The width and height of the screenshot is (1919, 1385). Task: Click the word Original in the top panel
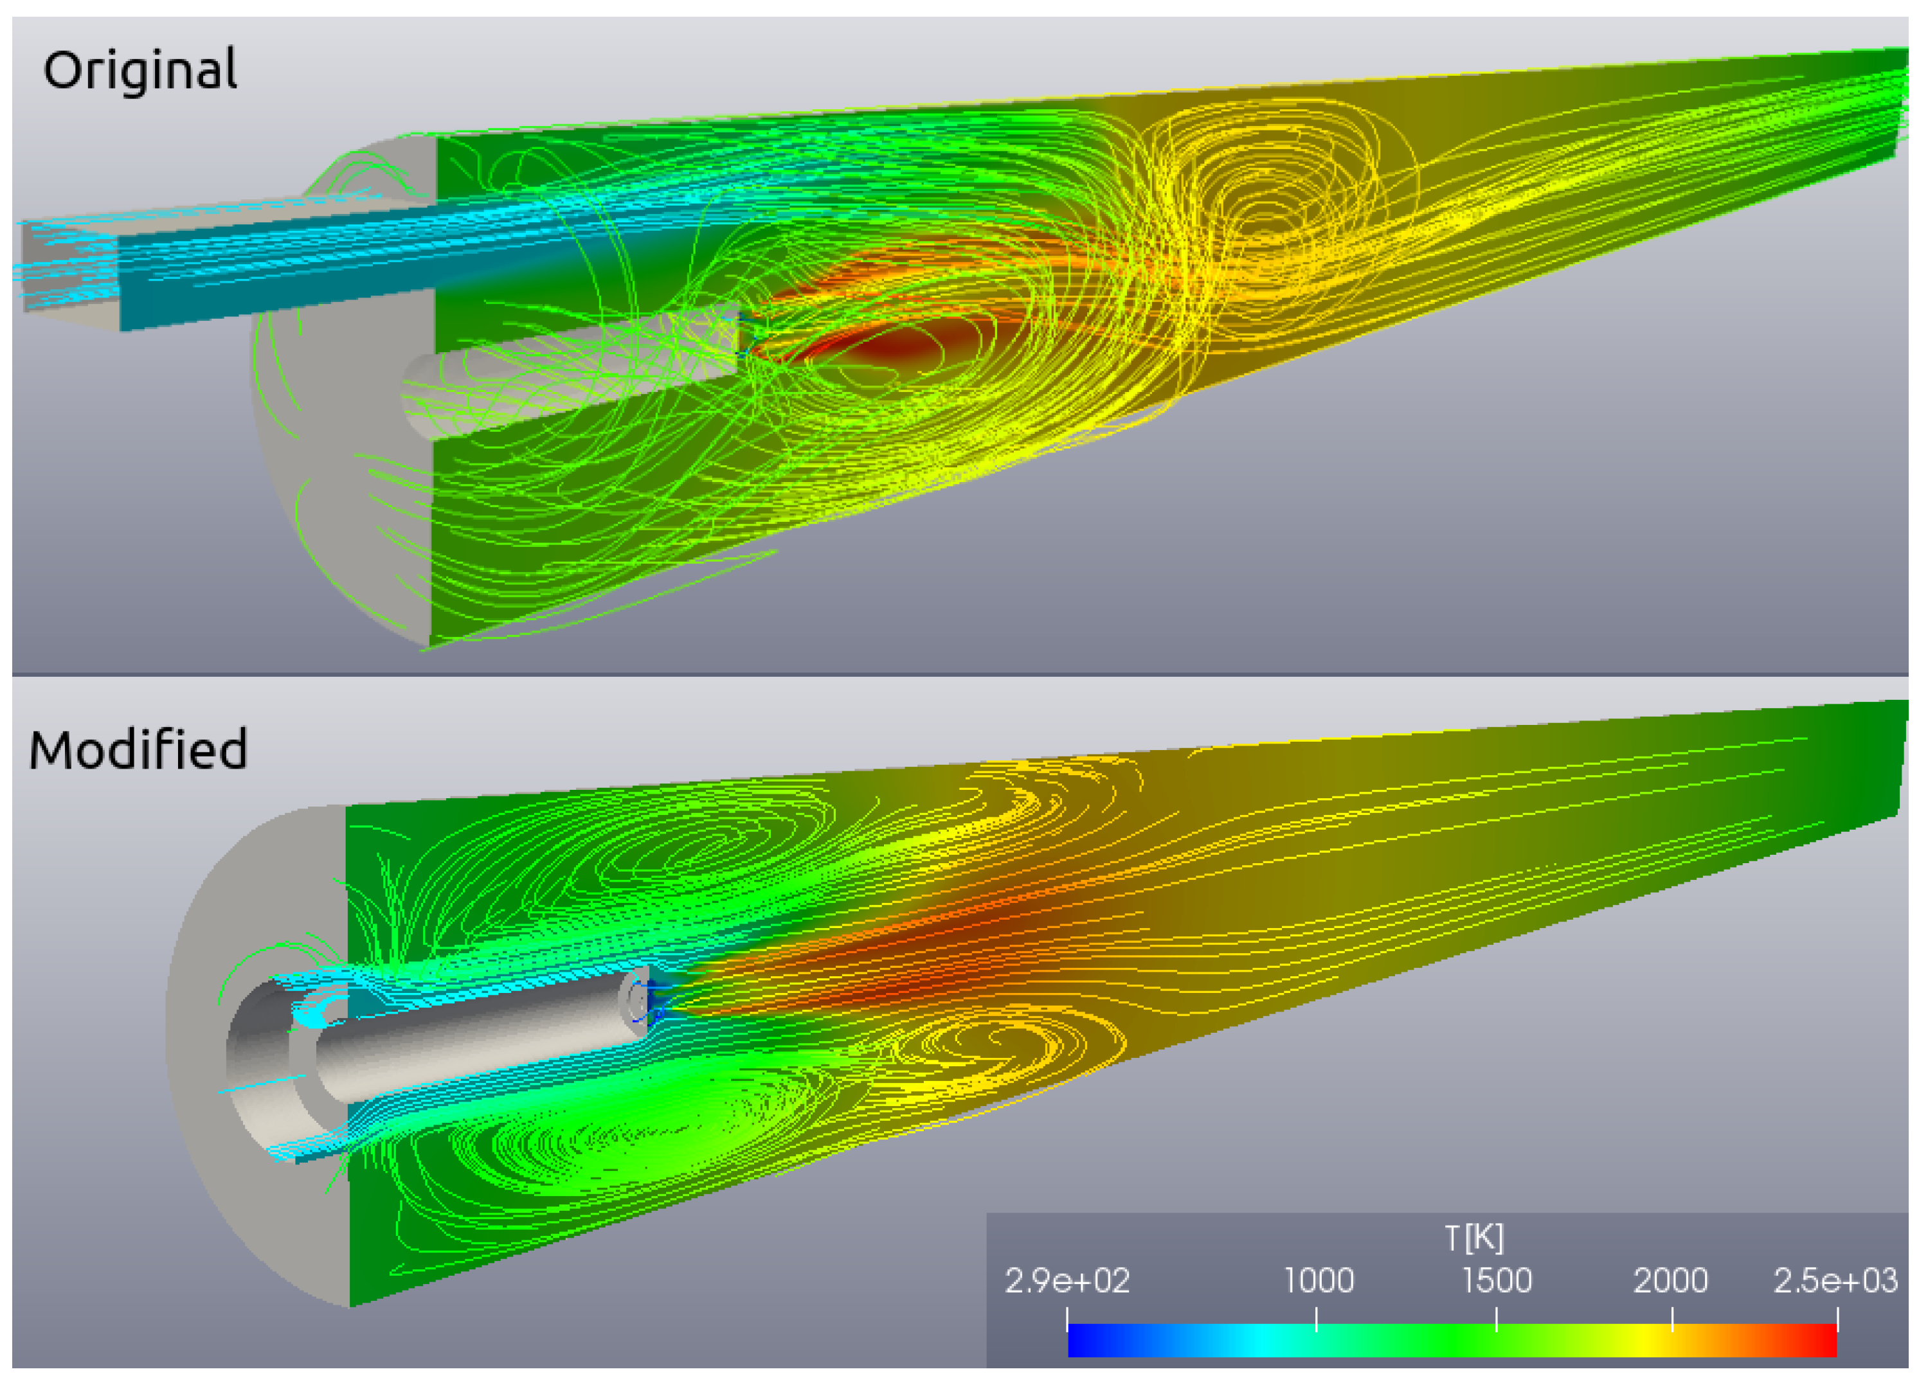(140, 70)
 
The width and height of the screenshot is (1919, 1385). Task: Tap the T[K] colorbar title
(1474, 1238)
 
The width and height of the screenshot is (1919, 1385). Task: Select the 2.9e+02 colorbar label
(1067, 1281)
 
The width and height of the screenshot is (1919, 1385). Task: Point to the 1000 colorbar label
(1319, 1281)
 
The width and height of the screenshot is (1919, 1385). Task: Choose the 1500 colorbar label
(1497, 1281)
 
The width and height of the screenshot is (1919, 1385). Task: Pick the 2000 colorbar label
(1670, 1281)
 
